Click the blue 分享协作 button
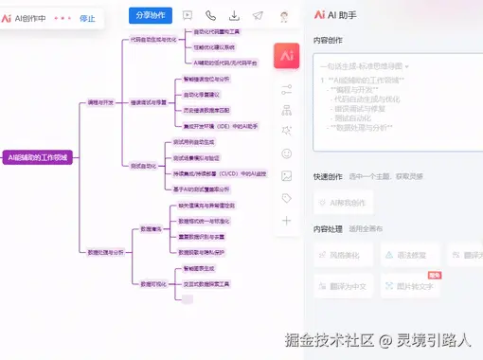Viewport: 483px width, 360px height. pyautogui.click(x=150, y=16)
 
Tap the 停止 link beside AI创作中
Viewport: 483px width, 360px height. pyautogui.click(x=87, y=18)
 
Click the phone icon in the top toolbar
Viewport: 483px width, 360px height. pyautogui.click(x=210, y=16)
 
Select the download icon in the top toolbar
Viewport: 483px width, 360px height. pyautogui.click(x=234, y=16)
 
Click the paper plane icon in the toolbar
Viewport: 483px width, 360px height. pyautogui.click(x=258, y=16)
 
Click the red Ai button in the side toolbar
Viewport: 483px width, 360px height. pyautogui.click(x=286, y=56)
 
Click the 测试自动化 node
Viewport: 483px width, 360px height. pyautogui.click(x=142, y=166)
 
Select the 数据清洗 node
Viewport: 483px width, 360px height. pyautogui.click(x=152, y=227)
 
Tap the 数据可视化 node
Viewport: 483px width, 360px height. pyautogui.click(x=154, y=283)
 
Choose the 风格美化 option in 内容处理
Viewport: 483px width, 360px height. pyautogui.click(x=344, y=255)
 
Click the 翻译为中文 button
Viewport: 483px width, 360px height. pyautogui.click(x=344, y=286)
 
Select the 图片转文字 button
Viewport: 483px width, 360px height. pyautogui.click(x=410, y=286)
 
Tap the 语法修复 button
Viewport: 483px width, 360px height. pyautogui.click(x=410, y=255)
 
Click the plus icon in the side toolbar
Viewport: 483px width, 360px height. pyautogui.click(x=286, y=221)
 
